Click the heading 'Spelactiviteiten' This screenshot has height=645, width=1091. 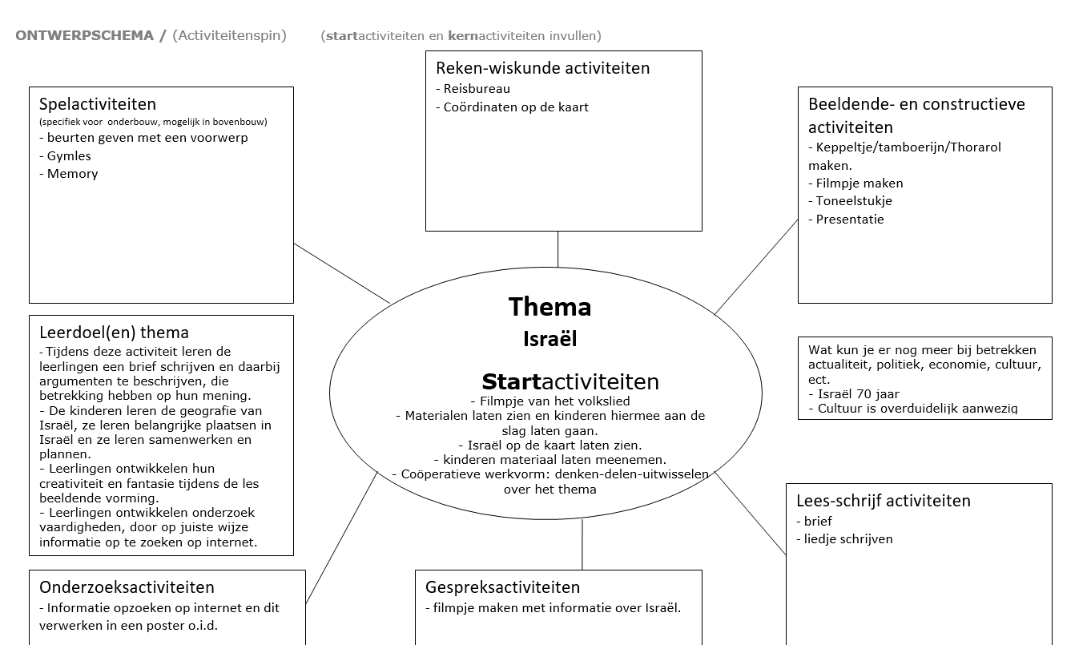(98, 104)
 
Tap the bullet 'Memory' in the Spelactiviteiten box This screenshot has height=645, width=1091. (72, 174)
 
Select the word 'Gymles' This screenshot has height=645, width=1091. (69, 156)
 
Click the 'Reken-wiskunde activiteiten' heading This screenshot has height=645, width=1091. (542, 68)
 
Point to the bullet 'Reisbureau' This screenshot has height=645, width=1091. (477, 89)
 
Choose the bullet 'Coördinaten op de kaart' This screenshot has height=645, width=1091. (516, 107)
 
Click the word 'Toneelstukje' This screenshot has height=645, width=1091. (854, 201)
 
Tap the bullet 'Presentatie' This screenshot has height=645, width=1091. (850, 220)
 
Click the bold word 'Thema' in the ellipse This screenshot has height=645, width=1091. (550, 307)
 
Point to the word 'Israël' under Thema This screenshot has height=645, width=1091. (550, 339)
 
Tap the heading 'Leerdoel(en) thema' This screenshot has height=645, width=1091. (114, 332)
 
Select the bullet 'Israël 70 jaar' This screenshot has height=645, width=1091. (858, 394)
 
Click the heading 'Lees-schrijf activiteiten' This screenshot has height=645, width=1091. (883, 501)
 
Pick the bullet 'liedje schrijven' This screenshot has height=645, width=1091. (848, 539)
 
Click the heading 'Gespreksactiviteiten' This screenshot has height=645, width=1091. (502, 587)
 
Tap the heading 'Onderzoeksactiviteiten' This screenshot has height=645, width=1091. (127, 587)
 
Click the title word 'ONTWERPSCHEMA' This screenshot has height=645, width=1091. (84, 36)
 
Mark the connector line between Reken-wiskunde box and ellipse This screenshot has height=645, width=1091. (558, 248)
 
